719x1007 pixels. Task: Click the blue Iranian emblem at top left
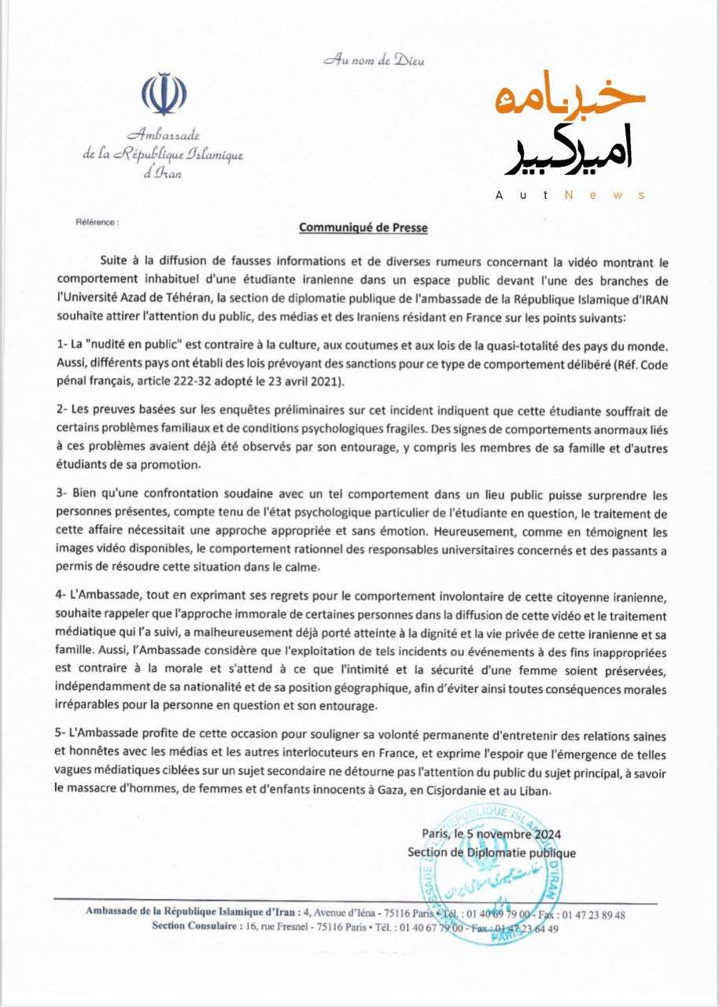tap(164, 95)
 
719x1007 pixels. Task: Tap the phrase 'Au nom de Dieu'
tap(374, 61)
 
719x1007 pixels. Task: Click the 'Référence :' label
tap(97, 223)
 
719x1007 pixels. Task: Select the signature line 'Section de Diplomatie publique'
tap(491, 853)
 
